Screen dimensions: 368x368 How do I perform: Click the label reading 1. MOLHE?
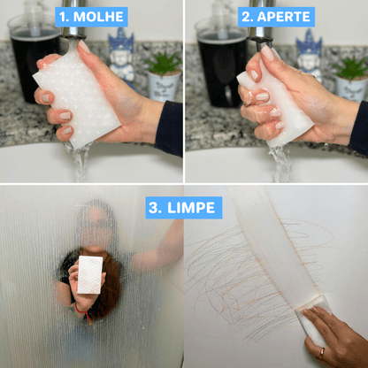coord(91,17)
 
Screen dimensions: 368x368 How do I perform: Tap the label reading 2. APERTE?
coord(276,17)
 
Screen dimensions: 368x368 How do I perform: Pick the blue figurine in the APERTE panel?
coord(309,55)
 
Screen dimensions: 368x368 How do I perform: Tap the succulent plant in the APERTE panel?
coord(350,68)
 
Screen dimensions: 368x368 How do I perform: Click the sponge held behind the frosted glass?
coord(90,274)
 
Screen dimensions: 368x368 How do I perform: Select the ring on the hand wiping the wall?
coord(322,352)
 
